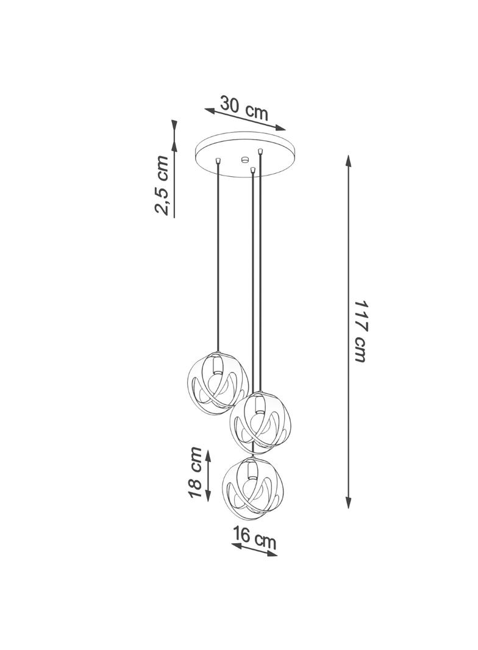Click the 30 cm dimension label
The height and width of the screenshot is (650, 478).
244,108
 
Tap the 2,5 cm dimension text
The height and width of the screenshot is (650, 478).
162,185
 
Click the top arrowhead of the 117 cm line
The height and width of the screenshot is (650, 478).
348,161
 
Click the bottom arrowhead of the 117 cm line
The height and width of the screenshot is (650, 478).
348,502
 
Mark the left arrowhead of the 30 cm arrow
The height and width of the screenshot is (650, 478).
211,111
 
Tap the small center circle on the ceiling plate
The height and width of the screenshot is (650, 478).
244,159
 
